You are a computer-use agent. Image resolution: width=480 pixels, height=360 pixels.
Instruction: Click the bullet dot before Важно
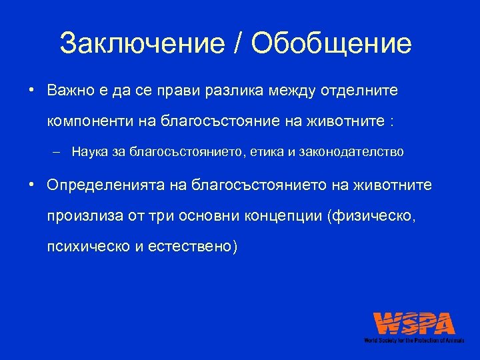(31, 90)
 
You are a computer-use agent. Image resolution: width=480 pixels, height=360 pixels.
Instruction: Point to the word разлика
(226, 90)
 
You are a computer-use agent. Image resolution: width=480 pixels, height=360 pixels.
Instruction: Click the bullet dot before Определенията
(31, 184)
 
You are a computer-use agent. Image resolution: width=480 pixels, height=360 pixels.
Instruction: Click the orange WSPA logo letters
(414, 324)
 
